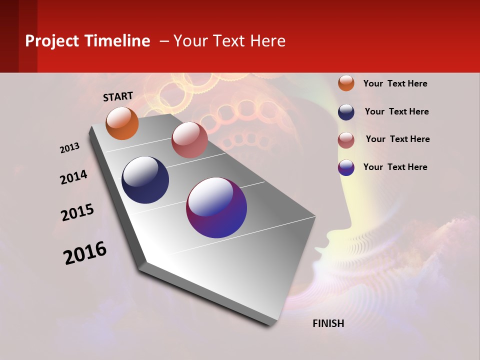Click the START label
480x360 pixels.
click(118, 96)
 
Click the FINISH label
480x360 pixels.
click(328, 323)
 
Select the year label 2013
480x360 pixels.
click(70, 148)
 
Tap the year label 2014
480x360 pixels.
click(73, 177)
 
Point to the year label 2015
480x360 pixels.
click(77, 212)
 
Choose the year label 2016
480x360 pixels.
click(85, 252)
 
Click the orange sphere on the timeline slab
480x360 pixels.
click(122, 123)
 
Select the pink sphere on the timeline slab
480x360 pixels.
click(189, 140)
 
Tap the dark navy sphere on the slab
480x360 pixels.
click(145, 180)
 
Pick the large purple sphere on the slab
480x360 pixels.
click(216, 207)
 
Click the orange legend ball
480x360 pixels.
click(346, 83)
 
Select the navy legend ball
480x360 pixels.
click(346, 111)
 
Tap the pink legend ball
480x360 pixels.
click(346, 140)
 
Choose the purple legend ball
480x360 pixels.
click(346, 167)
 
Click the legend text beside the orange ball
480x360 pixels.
click(395, 83)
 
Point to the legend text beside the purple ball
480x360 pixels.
click(395, 167)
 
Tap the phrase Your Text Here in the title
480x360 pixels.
click(229, 41)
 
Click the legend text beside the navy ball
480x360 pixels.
click(396, 111)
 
